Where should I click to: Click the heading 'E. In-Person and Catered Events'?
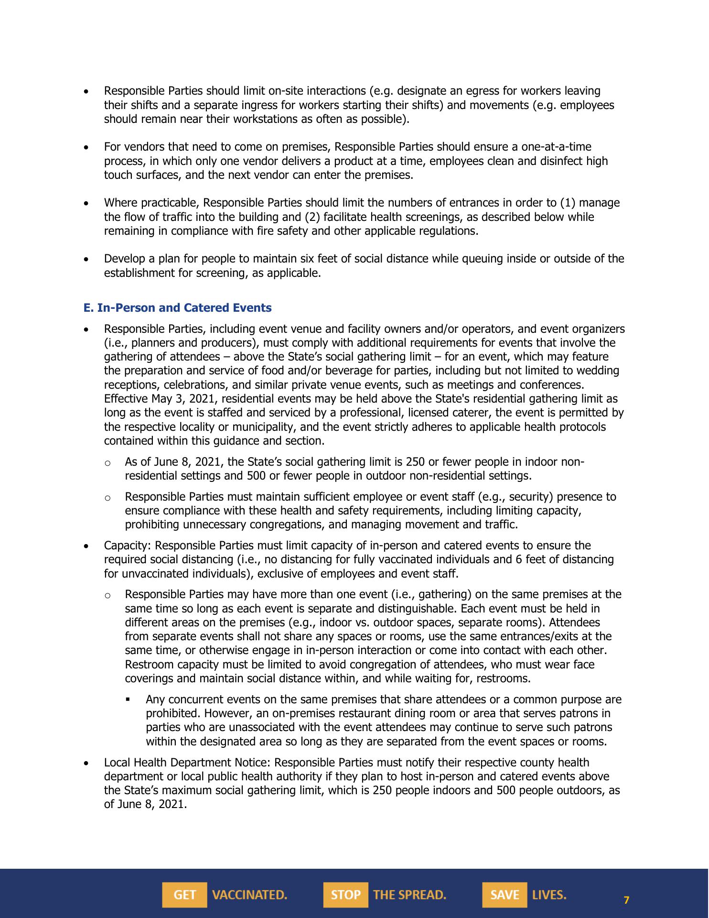coord(177,308)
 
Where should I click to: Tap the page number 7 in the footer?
coord(627,900)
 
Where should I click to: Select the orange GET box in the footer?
coord(184,895)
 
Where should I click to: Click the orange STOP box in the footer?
coord(345,895)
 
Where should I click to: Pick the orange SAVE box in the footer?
coord(505,895)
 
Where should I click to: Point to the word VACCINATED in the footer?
coord(249,895)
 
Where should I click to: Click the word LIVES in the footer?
coord(549,895)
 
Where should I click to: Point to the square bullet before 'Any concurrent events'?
coord(128,699)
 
